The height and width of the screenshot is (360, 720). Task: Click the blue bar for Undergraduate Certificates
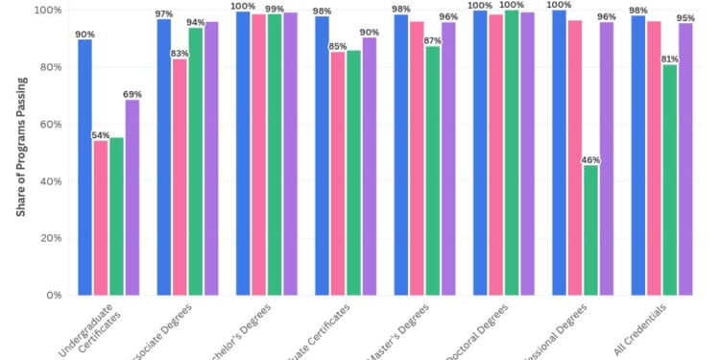[85, 167]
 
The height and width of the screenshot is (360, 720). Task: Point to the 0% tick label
[55, 295]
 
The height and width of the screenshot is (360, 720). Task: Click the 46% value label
[590, 159]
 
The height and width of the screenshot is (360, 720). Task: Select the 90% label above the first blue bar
[85, 33]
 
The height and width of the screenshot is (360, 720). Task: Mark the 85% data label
[337, 45]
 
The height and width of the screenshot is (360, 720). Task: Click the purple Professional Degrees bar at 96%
[606, 158]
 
